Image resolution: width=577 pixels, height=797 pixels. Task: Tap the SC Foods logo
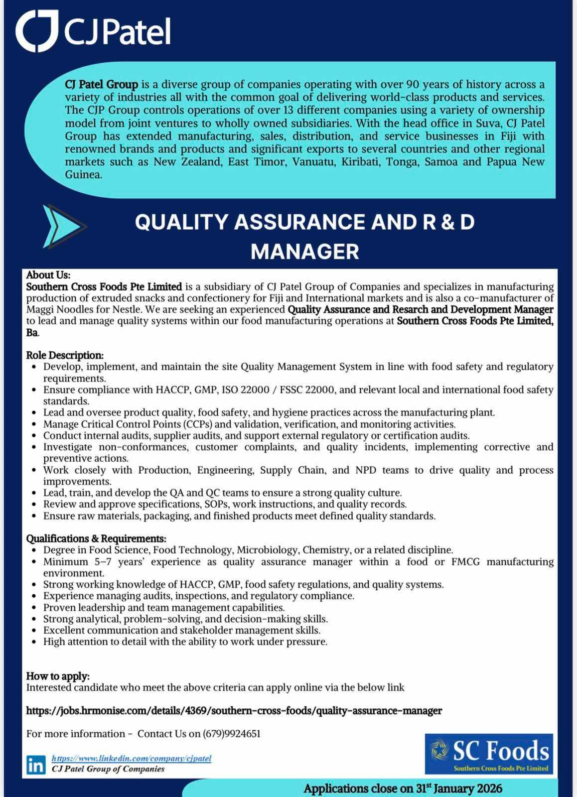pos(488,753)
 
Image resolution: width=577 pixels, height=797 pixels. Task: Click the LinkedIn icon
pos(35,764)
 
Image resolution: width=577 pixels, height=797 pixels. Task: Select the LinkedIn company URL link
pos(132,758)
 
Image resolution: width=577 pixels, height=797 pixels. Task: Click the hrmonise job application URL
pos(234,710)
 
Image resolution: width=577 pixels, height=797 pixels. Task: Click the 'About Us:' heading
pos(48,275)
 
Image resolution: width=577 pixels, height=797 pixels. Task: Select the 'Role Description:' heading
pos(65,355)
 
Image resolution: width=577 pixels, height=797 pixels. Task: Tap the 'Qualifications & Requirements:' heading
pos(96,538)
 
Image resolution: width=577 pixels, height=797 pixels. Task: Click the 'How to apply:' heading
pos(58,676)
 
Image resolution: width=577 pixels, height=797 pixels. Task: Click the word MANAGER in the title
pos(304,252)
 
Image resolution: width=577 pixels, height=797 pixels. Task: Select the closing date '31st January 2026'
pos(459,789)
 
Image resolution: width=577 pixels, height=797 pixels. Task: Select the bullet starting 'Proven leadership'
pos(164,607)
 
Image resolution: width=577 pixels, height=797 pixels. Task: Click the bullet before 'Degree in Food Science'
pos(33,550)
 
